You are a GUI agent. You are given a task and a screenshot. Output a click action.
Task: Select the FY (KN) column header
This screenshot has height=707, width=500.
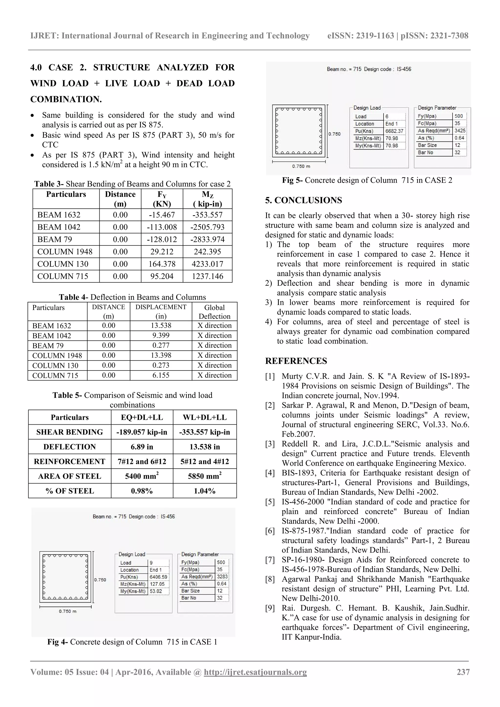pos(162,199)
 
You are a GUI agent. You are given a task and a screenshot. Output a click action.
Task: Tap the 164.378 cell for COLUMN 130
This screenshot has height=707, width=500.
pos(162,264)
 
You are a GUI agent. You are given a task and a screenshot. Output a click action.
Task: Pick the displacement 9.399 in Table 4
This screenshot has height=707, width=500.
pos(161,335)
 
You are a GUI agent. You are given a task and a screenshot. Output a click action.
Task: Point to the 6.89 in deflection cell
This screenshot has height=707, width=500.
pos(142,447)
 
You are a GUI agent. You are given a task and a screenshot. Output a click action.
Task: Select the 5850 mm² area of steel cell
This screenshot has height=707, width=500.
pos(205,476)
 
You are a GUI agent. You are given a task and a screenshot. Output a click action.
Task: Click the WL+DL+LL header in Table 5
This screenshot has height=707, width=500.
pos(205,417)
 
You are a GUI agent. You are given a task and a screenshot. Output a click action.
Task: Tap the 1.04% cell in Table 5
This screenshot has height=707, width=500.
pos(205,491)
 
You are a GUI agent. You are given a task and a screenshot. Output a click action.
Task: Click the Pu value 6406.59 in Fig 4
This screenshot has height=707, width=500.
pos(158,577)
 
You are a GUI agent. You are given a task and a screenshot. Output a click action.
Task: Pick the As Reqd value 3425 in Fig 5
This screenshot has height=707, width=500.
pos(460,131)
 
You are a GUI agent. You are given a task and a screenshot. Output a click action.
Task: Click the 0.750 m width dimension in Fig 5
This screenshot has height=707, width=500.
pos(301,166)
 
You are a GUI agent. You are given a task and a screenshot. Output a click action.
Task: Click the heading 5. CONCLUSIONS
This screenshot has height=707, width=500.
pos(303,200)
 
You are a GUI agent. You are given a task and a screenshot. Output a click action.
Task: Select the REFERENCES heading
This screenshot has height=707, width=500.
pos(296,361)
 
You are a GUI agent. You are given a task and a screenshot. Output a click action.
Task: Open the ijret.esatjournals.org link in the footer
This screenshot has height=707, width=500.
pos(255,672)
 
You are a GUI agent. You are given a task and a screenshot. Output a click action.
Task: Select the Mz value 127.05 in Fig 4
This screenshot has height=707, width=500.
pos(157,584)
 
